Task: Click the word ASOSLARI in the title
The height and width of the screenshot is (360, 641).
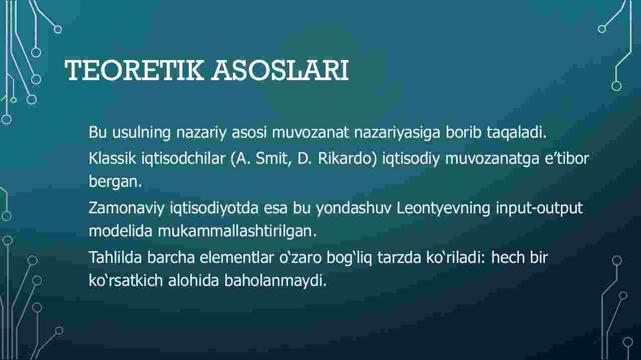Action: point(280,70)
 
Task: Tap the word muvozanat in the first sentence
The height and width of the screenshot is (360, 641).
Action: point(310,132)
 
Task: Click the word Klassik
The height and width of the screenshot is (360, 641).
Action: point(112,158)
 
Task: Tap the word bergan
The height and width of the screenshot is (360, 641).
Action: point(115,182)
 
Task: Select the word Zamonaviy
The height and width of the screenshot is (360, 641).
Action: point(126,209)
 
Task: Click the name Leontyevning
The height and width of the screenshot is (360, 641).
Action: point(443,209)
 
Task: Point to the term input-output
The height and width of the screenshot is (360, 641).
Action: point(539,209)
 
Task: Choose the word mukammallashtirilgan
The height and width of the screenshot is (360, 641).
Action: point(237,231)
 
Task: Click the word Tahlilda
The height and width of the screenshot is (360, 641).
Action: point(115,257)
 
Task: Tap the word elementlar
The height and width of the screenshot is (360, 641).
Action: point(236,257)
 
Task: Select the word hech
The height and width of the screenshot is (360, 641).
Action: point(508,257)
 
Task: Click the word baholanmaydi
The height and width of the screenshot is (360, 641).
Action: point(275,281)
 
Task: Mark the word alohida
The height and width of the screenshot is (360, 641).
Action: point(193,280)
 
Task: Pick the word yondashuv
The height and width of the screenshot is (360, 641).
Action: point(354,209)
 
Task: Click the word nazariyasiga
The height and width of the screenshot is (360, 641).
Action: point(397,133)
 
